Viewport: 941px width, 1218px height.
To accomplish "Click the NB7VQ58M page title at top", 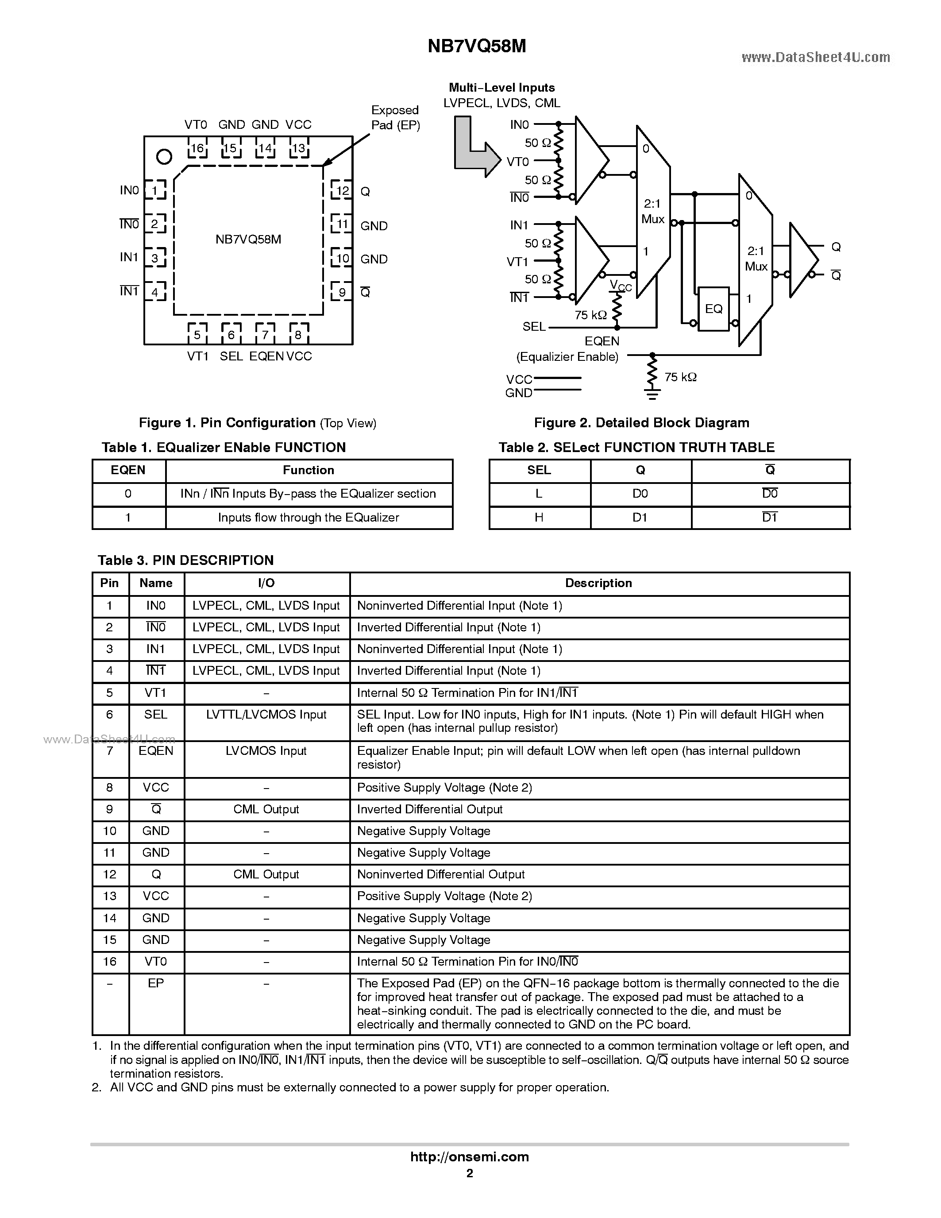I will pyautogui.click(x=477, y=46).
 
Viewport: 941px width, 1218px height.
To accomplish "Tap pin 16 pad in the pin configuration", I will pyautogui.click(x=197, y=148).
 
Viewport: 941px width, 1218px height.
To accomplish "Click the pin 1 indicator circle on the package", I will pyautogui.click(x=164, y=157).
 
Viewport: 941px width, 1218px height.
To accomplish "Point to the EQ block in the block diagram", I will pyautogui.click(x=713, y=309).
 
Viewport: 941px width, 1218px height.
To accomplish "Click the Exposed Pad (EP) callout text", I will pyautogui.click(x=395, y=118).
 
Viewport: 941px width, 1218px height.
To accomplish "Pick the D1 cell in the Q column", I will pyautogui.click(x=640, y=518).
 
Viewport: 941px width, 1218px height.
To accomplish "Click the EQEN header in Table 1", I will pyautogui.click(x=128, y=470).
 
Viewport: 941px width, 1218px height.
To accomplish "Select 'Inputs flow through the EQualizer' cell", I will pyautogui.click(x=308, y=518).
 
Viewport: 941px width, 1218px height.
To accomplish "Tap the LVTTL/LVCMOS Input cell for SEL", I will pyautogui.click(x=266, y=715).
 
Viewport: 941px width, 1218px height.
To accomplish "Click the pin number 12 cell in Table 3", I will pyautogui.click(x=110, y=874).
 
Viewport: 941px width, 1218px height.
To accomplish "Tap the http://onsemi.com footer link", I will pyautogui.click(x=469, y=1156).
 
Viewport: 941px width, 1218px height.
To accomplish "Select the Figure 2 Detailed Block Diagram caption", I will pyautogui.click(x=641, y=423).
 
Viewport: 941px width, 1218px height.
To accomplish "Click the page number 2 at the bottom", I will pyautogui.click(x=469, y=1173).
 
